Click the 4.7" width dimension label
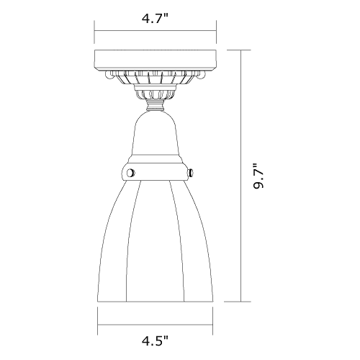[156, 18]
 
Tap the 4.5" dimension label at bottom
[156, 341]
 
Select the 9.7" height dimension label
[259, 176]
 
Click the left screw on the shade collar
[130, 173]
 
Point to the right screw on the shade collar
[191, 173]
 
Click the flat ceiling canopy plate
[156, 60]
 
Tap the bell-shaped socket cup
[156, 136]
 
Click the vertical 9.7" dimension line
[241, 176]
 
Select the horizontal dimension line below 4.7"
[156, 31]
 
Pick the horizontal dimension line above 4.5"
[156, 325]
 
